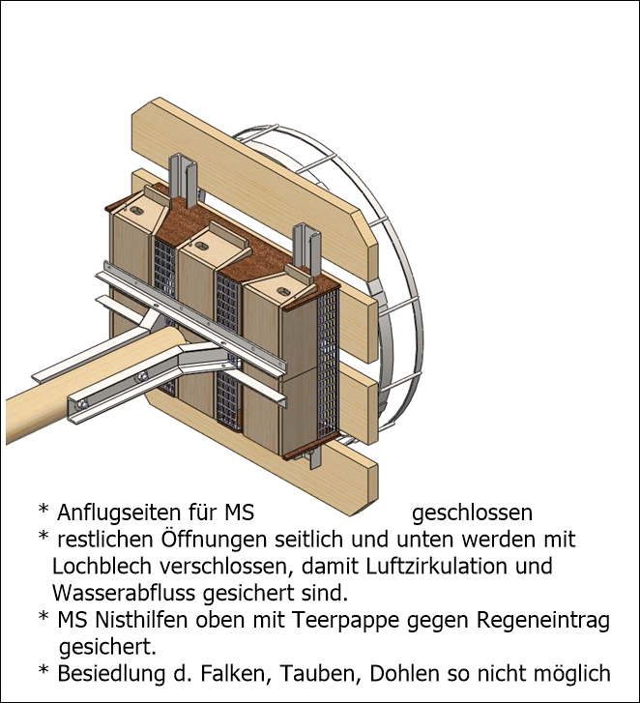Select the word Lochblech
[102, 566]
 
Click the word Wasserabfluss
[124, 593]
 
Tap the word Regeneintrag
[543, 621]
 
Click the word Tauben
[320, 673]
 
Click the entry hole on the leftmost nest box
[135, 209]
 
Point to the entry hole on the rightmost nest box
[283, 292]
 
